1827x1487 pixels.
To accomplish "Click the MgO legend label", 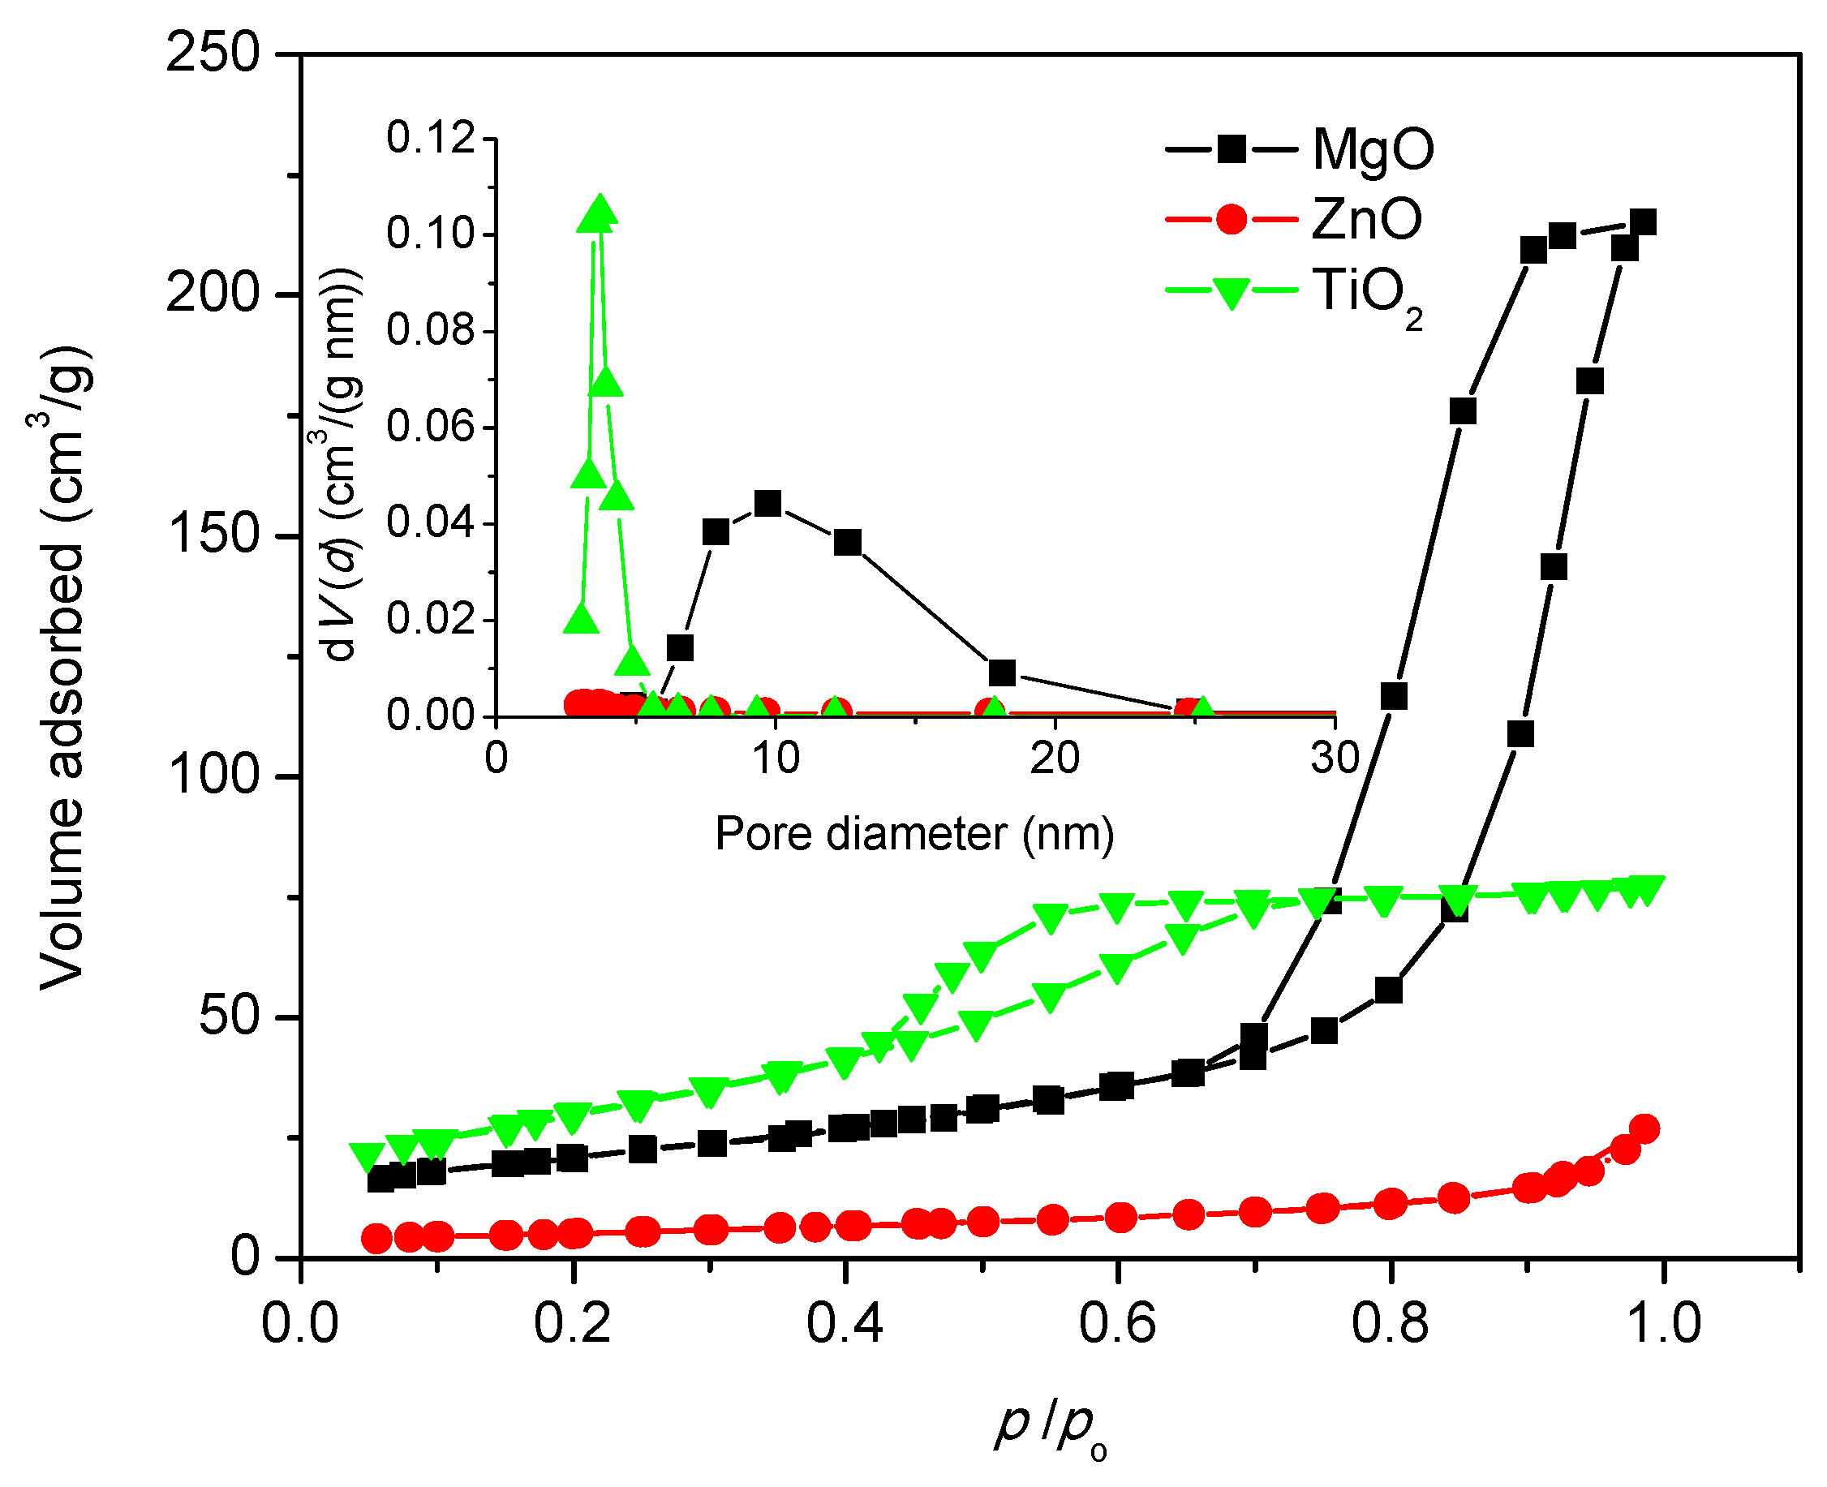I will (x=1371, y=151).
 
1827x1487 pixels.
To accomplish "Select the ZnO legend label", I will (x=1365, y=220).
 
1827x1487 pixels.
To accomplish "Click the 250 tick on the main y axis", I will (x=213, y=53).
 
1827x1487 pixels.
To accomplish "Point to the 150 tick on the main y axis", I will (x=213, y=535).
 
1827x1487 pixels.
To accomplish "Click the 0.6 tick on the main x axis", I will (x=1117, y=1323).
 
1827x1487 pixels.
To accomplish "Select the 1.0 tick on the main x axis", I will (x=1661, y=1323).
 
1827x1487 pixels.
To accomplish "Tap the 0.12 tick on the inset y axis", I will (x=430, y=138).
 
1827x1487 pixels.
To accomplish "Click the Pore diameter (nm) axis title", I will (x=914, y=834).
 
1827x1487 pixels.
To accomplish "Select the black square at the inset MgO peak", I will (x=767, y=503).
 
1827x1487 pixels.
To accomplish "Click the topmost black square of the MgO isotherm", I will (x=1642, y=224).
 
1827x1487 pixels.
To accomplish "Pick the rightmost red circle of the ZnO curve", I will (x=1644, y=1129).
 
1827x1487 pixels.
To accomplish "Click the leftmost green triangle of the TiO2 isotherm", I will (x=367, y=1156).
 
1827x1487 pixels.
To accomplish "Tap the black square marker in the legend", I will (x=1231, y=150).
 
